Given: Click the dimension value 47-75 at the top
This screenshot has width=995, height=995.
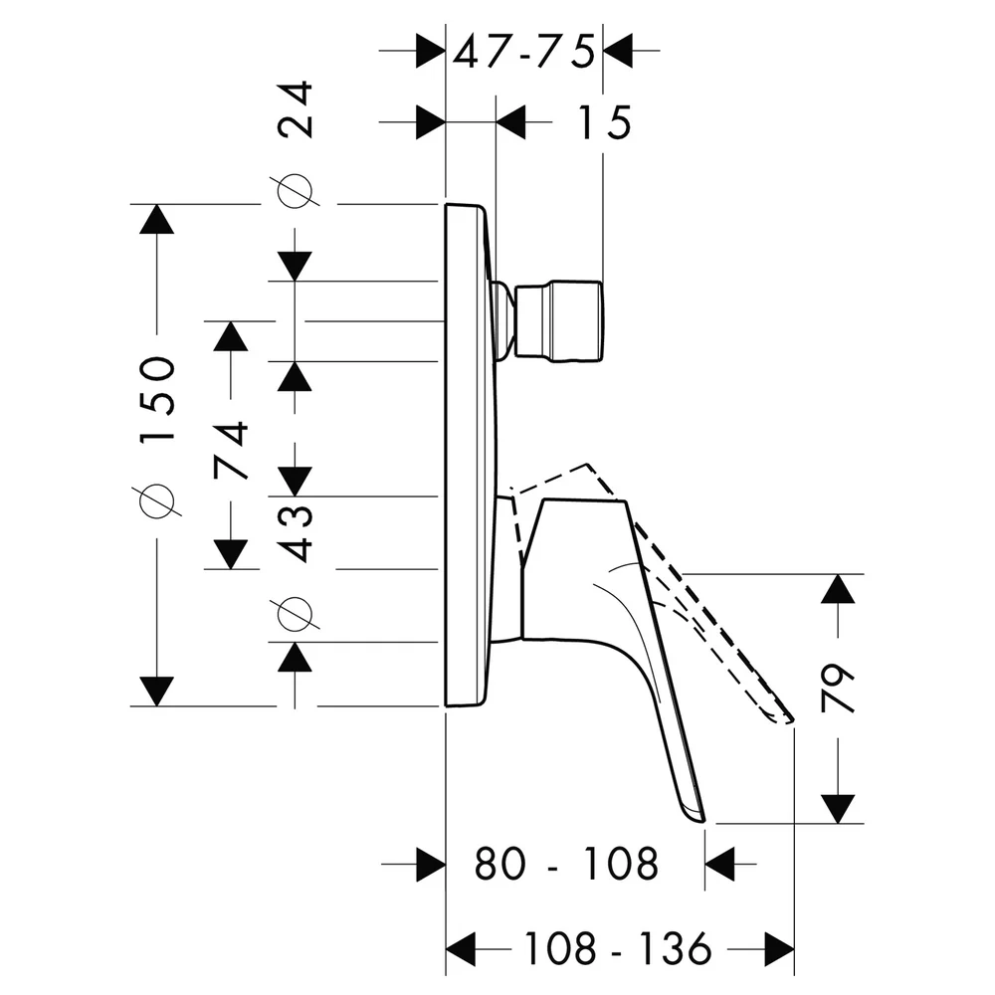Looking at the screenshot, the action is pos(524,52).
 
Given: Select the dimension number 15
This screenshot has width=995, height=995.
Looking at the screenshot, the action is pos(604,122).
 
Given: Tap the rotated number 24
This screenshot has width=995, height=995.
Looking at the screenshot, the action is pos(296,109).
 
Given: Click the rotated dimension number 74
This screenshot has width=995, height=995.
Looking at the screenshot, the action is pos(231,450).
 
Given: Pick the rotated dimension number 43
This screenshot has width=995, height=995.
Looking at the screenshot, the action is pos(296,533).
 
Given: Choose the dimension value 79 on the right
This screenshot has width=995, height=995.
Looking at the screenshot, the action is pos(838,689).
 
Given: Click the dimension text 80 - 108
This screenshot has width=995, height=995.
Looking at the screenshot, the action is pos(567,864).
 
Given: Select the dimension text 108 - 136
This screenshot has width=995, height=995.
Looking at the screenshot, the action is pos(619,949).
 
